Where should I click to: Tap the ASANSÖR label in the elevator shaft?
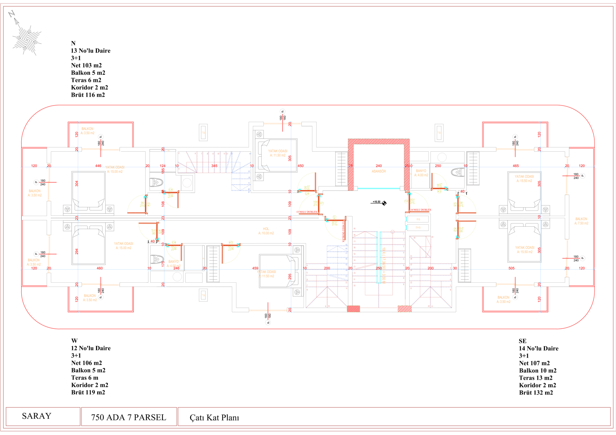378,171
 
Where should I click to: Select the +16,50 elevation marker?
377,202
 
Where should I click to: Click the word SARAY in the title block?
37,416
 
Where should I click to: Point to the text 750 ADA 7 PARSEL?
128,418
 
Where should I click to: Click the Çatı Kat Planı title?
214,418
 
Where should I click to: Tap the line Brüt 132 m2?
535,392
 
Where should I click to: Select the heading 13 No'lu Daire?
90,51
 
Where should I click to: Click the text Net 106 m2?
86,363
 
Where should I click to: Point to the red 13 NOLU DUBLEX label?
307,212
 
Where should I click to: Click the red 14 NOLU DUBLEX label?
421,210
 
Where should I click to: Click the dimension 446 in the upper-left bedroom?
98,166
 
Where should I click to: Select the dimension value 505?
511,268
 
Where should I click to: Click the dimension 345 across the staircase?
214,166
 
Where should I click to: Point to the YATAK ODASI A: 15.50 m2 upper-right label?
524,179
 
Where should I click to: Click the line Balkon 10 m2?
538,371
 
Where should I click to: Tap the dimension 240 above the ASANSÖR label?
378,166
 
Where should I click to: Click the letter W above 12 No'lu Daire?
74,341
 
